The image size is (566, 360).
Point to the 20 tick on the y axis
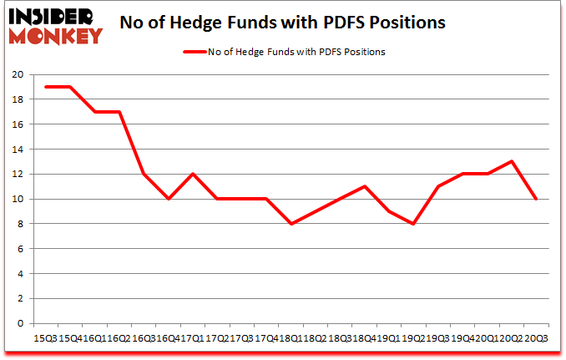(16, 74)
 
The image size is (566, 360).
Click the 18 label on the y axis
(16, 99)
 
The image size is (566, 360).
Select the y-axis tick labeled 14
(16, 150)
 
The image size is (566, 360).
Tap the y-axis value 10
(16, 199)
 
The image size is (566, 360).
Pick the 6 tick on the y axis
(19, 249)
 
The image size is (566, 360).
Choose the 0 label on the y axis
(19, 323)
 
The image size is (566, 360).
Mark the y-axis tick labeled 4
(19, 274)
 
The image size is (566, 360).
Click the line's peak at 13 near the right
(511, 161)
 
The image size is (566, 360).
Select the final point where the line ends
(535, 199)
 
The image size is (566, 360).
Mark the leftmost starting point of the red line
(45, 87)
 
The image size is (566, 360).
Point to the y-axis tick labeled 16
(16, 124)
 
